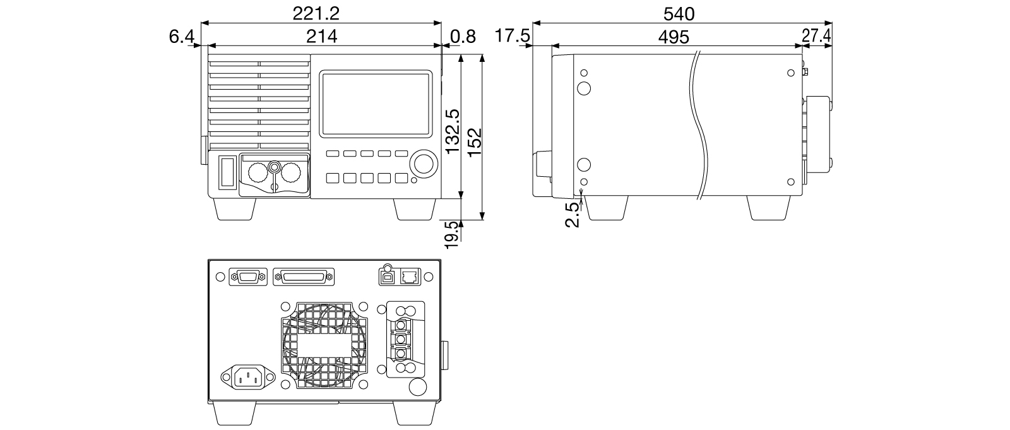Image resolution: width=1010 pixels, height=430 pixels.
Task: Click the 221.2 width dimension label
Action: click(316, 13)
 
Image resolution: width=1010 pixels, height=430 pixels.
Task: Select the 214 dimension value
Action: click(321, 36)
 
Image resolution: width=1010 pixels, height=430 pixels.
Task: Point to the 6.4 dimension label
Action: click(181, 37)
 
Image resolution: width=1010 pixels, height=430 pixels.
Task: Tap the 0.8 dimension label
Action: click(463, 37)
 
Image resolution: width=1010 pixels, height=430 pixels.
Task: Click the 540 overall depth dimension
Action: click(679, 14)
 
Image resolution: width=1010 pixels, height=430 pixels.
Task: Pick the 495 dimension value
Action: click(674, 37)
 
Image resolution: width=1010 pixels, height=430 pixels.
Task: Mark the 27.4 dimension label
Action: click(816, 35)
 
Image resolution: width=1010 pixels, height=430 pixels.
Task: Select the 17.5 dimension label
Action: click(513, 35)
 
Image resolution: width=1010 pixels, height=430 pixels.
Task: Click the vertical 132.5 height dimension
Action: click(452, 131)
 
